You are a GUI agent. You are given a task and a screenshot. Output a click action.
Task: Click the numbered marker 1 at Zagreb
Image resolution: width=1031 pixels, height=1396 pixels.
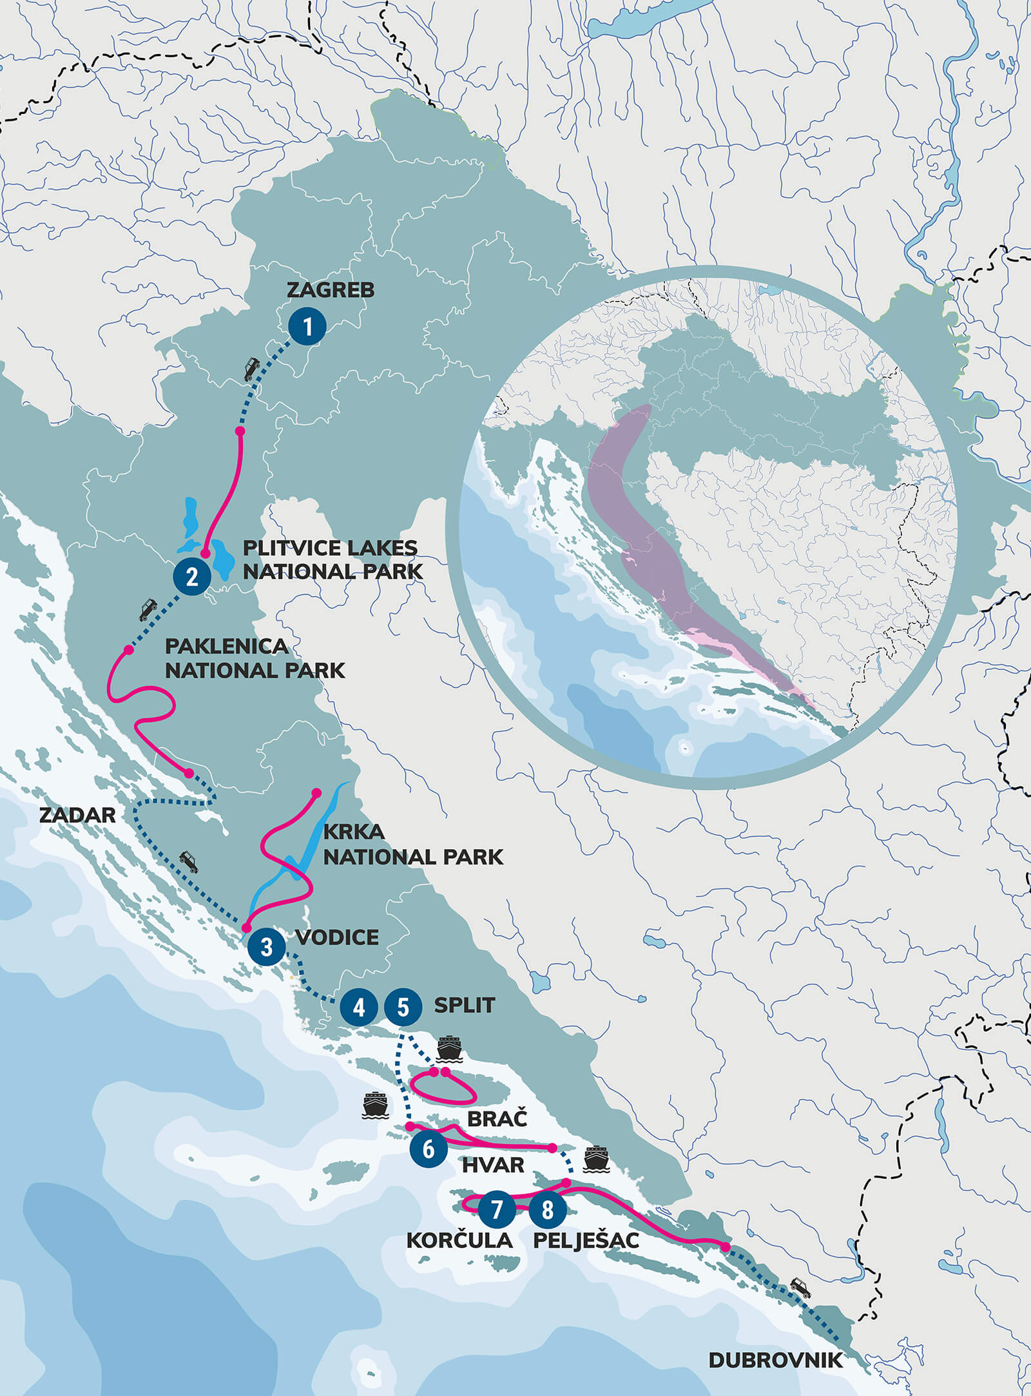tap(307, 326)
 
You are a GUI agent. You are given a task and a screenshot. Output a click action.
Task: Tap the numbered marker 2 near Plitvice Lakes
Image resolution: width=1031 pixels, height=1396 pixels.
tap(191, 576)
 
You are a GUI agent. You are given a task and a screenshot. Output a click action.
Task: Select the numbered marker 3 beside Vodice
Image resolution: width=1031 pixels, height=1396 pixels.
tap(266, 946)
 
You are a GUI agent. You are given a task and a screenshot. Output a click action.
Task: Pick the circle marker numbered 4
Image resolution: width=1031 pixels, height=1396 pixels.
tap(359, 1006)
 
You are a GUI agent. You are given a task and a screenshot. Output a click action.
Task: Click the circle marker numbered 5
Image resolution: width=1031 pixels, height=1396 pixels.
tap(403, 1006)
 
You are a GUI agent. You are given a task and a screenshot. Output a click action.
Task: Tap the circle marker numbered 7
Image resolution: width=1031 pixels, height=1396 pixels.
tap(496, 1209)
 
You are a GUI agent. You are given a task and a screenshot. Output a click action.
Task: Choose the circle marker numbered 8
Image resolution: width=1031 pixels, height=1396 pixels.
tap(547, 1209)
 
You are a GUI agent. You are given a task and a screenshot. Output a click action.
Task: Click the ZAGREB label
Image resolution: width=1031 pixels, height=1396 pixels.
tap(330, 290)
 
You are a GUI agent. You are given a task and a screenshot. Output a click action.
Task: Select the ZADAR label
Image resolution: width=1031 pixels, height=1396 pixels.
tap(77, 815)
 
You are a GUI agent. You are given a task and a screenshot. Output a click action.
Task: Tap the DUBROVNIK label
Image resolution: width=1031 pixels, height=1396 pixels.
tap(775, 1361)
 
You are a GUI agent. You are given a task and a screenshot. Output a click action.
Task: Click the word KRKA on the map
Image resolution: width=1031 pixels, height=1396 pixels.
tap(353, 832)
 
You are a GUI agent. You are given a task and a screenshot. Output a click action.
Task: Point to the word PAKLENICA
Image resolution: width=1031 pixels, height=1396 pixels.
tap(226, 646)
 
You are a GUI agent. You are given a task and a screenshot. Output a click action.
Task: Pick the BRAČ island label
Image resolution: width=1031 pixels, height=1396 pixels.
tap(497, 1118)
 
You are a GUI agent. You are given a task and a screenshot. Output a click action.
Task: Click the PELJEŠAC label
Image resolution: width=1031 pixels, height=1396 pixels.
tap(586, 1240)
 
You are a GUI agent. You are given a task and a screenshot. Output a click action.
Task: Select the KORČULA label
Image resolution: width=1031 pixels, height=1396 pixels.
tap(459, 1240)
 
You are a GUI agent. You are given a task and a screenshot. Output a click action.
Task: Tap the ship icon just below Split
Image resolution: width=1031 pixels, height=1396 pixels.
tap(449, 1048)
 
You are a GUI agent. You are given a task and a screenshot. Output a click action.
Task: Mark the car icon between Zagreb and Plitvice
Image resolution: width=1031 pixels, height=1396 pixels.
tap(251, 368)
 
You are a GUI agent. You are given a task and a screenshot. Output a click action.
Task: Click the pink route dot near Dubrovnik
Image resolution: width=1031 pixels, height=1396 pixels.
tap(726, 1247)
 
